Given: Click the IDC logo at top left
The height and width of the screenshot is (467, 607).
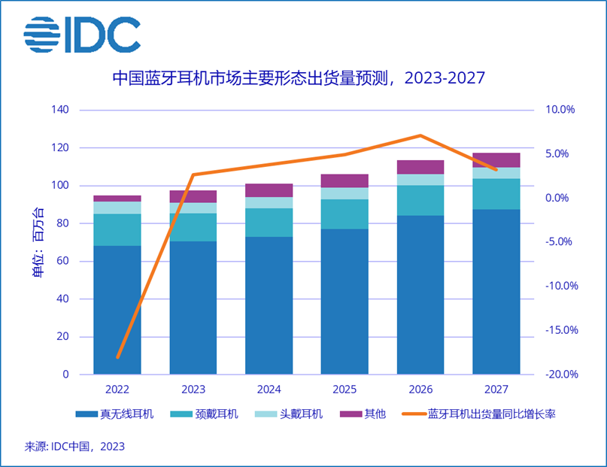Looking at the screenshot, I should click(x=82, y=35).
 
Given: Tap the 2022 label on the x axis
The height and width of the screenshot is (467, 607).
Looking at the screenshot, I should click(x=117, y=389).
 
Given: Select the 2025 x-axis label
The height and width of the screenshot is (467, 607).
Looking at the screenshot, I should click(x=344, y=389).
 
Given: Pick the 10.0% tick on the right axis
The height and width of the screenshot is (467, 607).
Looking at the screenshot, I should click(x=559, y=110).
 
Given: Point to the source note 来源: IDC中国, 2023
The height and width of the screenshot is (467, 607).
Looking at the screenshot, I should click(x=74, y=446).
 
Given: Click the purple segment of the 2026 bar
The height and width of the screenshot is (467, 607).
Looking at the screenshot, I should click(x=420, y=167).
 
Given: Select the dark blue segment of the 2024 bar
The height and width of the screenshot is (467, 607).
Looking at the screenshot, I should click(x=269, y=305).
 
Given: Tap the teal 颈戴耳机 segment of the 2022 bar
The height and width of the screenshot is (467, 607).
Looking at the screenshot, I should click(x=117, y=230).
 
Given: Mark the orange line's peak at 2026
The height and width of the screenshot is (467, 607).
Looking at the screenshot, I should click(x=420, y=135).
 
